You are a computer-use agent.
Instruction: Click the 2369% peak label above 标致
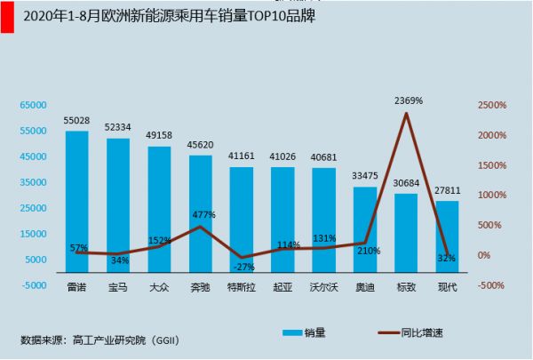(x=408, y=100)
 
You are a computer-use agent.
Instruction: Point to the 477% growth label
(x=203, y=214)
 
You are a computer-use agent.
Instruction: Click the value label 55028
(x=76, y=120)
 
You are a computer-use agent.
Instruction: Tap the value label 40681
(x=323, y=157)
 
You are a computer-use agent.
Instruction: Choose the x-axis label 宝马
(x=118, y=287)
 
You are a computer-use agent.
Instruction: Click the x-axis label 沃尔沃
(x=323, y=287)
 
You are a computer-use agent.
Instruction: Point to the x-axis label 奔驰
(x=200, y=287)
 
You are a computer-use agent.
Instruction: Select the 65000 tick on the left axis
(x=32, y=105)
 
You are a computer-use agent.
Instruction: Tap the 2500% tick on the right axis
(x=491, y=105)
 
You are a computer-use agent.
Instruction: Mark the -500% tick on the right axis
(x=491, y=285)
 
